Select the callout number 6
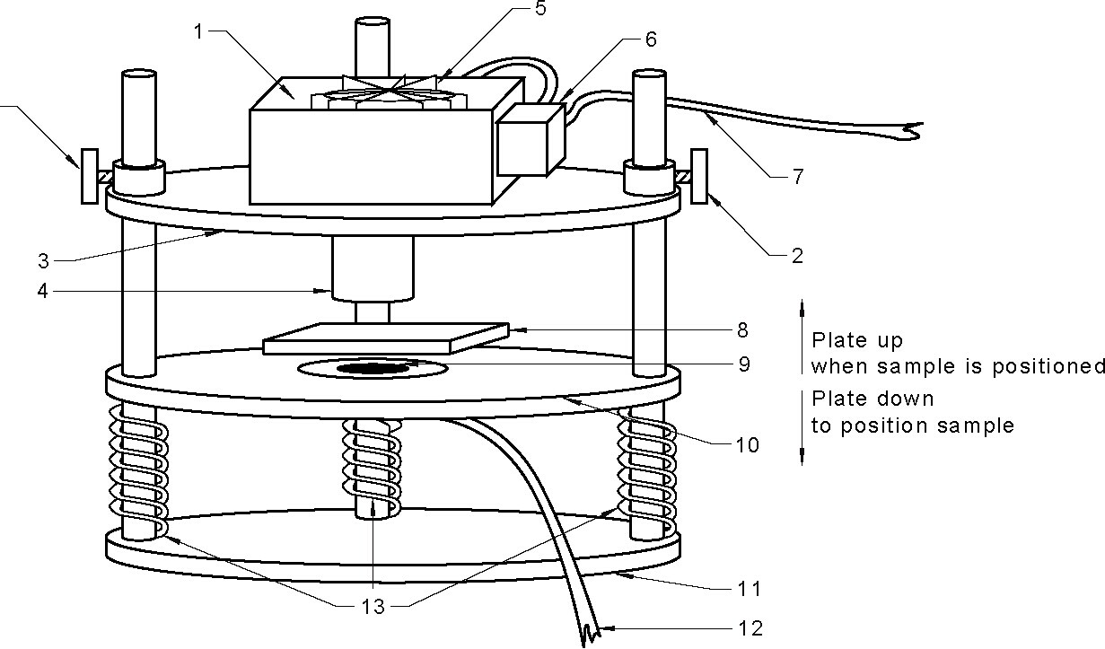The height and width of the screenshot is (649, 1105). (x=651, y=39)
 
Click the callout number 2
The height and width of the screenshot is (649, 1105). (x=795, y=256)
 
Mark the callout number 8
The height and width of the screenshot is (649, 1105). (x=742, y=329)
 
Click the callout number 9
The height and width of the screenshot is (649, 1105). (x=742, y=364)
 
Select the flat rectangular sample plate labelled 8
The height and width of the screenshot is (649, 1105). (x=386, y=338)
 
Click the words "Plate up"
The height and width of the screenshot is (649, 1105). (x=856, y=341)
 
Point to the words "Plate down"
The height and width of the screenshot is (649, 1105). (x=873, y=399)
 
